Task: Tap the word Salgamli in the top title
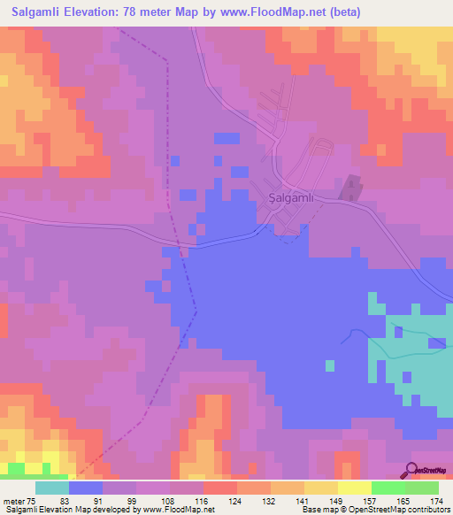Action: pos(40,12)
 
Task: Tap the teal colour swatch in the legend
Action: pos(52,488)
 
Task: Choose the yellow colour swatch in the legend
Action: pos(355,488)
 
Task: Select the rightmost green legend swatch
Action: pos(422,488)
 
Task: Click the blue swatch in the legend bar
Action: pos(86,488)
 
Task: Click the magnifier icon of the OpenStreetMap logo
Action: pos(411,470)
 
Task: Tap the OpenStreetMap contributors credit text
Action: pos(390,510)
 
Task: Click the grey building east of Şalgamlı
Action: pos(353,187)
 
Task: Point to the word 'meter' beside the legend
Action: pos(13,501)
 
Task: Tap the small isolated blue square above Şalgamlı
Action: pos(226,138)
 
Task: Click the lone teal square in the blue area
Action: pos(330,365)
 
